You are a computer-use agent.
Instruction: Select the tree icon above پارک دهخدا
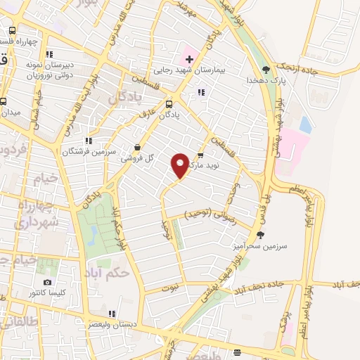tap(266, 69)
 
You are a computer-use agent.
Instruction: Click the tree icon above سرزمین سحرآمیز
tap(260, 235)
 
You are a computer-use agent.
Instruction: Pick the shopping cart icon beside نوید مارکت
tap(200, 155)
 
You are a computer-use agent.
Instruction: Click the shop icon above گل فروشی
tap(136, 148)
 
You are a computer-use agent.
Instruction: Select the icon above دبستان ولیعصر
tap(112, 314)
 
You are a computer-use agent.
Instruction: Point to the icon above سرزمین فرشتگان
tap(88, 141)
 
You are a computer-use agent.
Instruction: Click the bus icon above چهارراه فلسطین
tap(13, 31)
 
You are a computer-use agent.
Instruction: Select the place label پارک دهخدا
tap(263, 81)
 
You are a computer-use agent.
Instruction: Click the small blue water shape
tap(305, 124)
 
